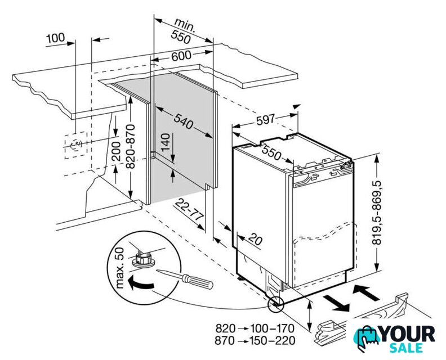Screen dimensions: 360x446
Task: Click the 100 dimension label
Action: pos(55,38)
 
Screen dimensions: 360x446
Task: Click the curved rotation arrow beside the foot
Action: pos(139,282)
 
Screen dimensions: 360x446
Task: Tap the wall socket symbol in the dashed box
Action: pos(74,145)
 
